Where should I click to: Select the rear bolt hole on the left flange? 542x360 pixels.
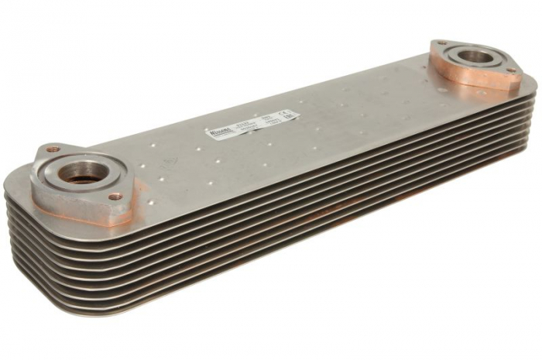[52, 149]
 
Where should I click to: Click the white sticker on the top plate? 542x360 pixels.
[252, 125]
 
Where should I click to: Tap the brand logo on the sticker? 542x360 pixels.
[219, 132]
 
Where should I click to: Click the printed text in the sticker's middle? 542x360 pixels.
[252, 124]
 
